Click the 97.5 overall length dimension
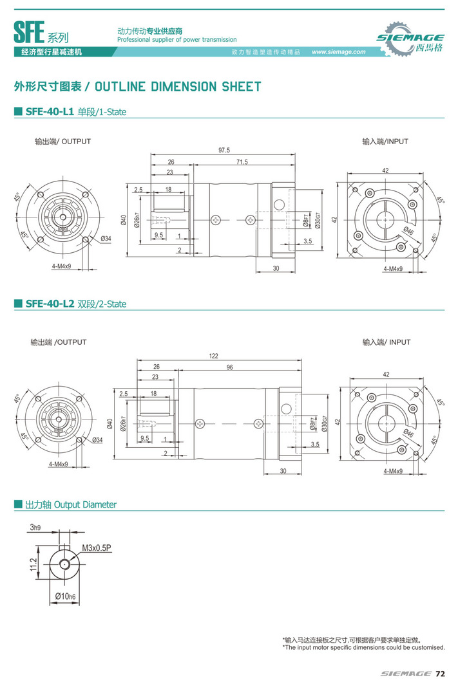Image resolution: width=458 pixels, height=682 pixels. (x=224, y=151)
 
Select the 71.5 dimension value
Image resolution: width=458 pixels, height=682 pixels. (x=242, y=161)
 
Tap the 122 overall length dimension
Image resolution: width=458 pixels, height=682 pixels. (x=213, y=356)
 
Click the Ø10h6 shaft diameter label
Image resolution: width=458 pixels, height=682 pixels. (x=65, y=596)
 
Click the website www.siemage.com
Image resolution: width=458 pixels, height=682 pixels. (x=338, y=52)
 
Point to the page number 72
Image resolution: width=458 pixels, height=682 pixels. (x=440, y=674)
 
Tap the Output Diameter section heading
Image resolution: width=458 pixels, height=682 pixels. (x=71, y=505)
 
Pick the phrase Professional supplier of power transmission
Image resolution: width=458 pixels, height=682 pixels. (x=177, y=39)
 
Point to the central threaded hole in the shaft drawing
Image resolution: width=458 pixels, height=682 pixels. (x=65, y=563)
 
